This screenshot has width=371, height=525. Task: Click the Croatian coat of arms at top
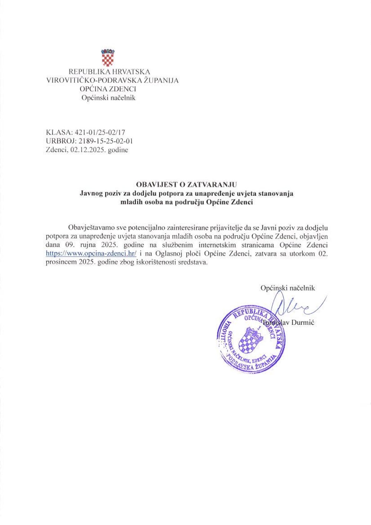coord(108,57)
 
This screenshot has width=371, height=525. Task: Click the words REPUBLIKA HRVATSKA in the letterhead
coord(109,72)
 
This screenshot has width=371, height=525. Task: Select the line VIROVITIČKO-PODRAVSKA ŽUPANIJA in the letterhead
coord(112,81)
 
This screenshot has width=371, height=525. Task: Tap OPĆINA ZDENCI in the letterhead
coord(108,89)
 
